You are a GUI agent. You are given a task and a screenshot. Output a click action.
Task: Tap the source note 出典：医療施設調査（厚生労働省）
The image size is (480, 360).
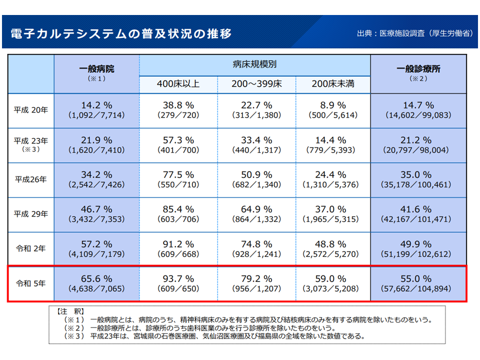(414, 34)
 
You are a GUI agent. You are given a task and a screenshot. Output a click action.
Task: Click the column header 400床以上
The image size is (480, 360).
(178, 83)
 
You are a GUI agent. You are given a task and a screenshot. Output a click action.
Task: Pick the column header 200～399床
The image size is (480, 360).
(256, 83)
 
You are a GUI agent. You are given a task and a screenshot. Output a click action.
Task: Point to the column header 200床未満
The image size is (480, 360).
(332, 83)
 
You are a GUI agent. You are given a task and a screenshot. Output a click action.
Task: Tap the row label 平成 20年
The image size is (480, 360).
(30, 110)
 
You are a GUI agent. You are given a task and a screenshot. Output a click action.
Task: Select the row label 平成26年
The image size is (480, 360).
(30, 179)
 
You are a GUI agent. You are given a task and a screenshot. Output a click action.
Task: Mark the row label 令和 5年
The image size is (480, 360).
(30, 283)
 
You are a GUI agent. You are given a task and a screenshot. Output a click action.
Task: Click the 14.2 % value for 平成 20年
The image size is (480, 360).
(96, 105)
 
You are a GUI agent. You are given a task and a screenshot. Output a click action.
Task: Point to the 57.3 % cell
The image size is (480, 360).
(178, 140)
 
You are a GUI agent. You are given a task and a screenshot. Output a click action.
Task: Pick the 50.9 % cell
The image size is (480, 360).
(256, 174)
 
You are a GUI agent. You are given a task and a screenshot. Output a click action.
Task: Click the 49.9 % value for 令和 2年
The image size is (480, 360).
(418, 244)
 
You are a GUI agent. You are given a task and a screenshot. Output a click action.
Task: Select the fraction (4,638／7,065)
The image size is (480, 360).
(96, 288)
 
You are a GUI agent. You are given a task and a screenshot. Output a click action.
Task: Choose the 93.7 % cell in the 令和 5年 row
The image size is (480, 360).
(178, 279)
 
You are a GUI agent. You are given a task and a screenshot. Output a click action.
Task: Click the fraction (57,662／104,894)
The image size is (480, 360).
(418, 288)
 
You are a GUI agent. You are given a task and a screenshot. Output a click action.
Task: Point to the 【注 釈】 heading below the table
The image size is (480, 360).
(68, 311)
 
